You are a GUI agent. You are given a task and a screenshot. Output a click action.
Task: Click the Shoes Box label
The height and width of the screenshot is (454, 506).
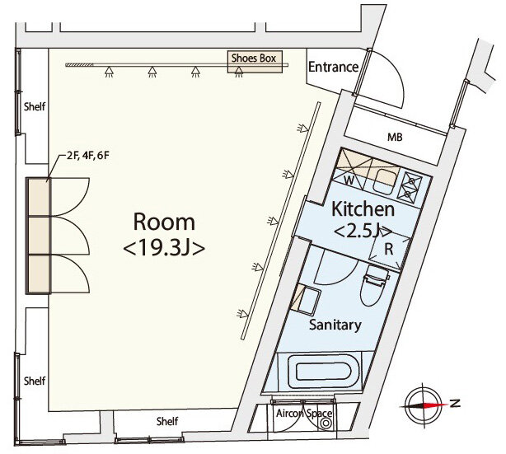(x=254, y=59)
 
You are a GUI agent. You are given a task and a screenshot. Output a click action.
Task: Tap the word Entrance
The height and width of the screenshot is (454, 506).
(x=334, y=67)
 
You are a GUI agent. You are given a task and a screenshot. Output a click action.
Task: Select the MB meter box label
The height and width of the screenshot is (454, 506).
(x=395, y=138)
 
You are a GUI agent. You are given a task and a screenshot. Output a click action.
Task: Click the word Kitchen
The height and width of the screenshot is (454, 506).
(x=363, y=209)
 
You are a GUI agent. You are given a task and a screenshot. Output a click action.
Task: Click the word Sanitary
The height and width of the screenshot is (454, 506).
(x=335, y=325)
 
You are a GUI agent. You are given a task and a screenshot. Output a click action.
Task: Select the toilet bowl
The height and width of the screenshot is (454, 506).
(x=374, y=288)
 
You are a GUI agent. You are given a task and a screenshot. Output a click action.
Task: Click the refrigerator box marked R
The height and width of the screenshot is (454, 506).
(x=389, y=249)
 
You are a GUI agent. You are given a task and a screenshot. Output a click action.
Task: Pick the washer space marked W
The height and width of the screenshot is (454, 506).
(x=349, y=180)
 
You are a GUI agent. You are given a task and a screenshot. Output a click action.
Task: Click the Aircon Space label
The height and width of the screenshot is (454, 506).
(x=303, y=414)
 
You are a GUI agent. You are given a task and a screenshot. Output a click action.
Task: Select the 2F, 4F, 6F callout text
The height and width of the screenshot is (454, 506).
(x=88, y=156)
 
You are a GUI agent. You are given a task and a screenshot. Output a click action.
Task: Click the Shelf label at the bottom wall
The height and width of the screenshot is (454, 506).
(x=167, y=421)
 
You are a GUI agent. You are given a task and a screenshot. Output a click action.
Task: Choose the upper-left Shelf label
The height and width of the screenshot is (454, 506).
(x=35, y=106)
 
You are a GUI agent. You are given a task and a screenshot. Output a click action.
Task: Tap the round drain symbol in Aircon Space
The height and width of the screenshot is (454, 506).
(x=325, y=423)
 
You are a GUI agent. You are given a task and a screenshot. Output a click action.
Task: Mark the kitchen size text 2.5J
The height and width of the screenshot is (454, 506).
(x=363, y=232)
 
